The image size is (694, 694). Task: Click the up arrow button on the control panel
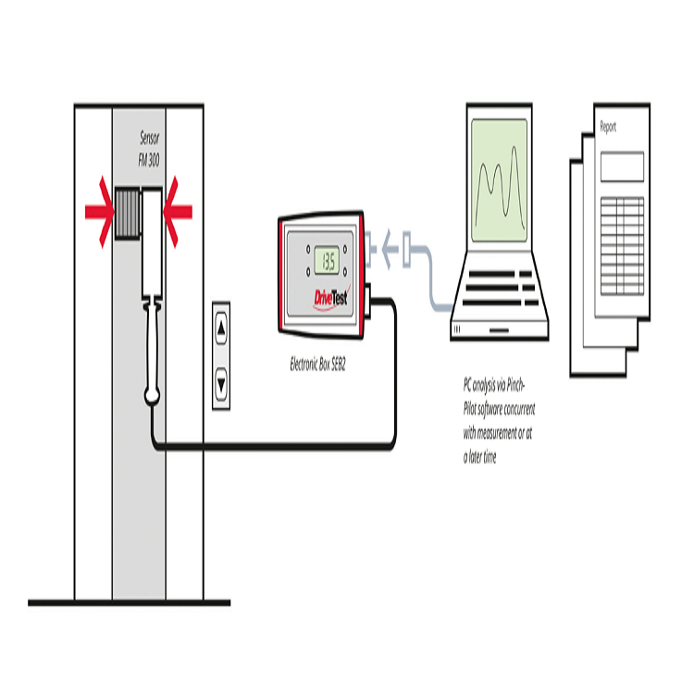coord(221,328)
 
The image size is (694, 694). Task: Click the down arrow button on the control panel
coord(221,383)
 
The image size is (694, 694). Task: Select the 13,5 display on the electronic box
coord(327,261)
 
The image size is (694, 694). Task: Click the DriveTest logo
coord(331,297)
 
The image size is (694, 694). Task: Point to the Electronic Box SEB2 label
coord(317,365)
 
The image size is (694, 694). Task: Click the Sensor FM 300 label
coord(149,149)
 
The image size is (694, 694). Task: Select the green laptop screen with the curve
coord(500,180)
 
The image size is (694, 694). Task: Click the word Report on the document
coord(608,127)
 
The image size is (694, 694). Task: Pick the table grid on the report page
coord(622,245)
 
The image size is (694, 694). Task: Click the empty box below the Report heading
coord(622,167)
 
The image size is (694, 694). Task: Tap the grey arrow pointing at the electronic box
coord(390,249)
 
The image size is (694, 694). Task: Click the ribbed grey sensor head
coord(128,213)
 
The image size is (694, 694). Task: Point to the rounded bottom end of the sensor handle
coord(153,396)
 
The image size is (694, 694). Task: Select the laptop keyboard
coord(501,288)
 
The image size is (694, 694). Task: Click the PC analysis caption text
coord(500,420)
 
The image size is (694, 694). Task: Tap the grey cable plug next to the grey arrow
coord(407,249)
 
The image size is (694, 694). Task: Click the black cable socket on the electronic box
coord(367,302)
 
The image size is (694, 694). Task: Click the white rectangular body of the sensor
coord(152,242)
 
